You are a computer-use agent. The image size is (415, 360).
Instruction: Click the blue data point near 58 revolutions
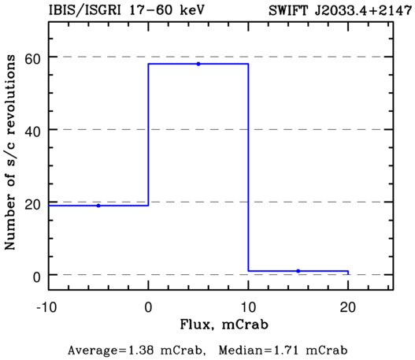point(198,64)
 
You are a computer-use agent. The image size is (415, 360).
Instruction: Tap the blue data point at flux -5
point(98,206)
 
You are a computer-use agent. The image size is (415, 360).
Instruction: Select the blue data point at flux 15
point(298,271)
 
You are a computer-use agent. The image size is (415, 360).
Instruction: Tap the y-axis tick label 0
point(36,276)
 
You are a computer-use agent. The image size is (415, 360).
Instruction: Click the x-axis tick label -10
point(46,307)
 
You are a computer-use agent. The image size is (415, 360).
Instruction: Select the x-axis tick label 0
point(149,307)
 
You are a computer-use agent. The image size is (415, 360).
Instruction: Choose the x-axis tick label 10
point(249,307)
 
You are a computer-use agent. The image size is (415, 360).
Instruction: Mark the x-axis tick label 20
point(348,307)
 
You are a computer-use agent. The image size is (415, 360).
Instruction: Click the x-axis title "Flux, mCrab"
point(224,325)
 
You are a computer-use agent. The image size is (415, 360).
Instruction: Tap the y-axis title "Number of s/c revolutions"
point(10,152)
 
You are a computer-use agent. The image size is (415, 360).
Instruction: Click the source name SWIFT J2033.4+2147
point(340,10)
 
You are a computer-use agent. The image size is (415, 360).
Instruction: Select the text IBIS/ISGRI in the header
point(85,10)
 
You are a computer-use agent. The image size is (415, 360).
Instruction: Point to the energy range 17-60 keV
point(167,10)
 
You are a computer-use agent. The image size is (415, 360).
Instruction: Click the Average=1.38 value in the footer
point(137,351)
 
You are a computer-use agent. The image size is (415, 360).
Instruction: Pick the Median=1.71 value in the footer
point(283,351)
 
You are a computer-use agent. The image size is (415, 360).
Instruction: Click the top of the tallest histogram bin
point(198,64)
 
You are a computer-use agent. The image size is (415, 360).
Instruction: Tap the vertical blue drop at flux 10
point(248,167)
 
